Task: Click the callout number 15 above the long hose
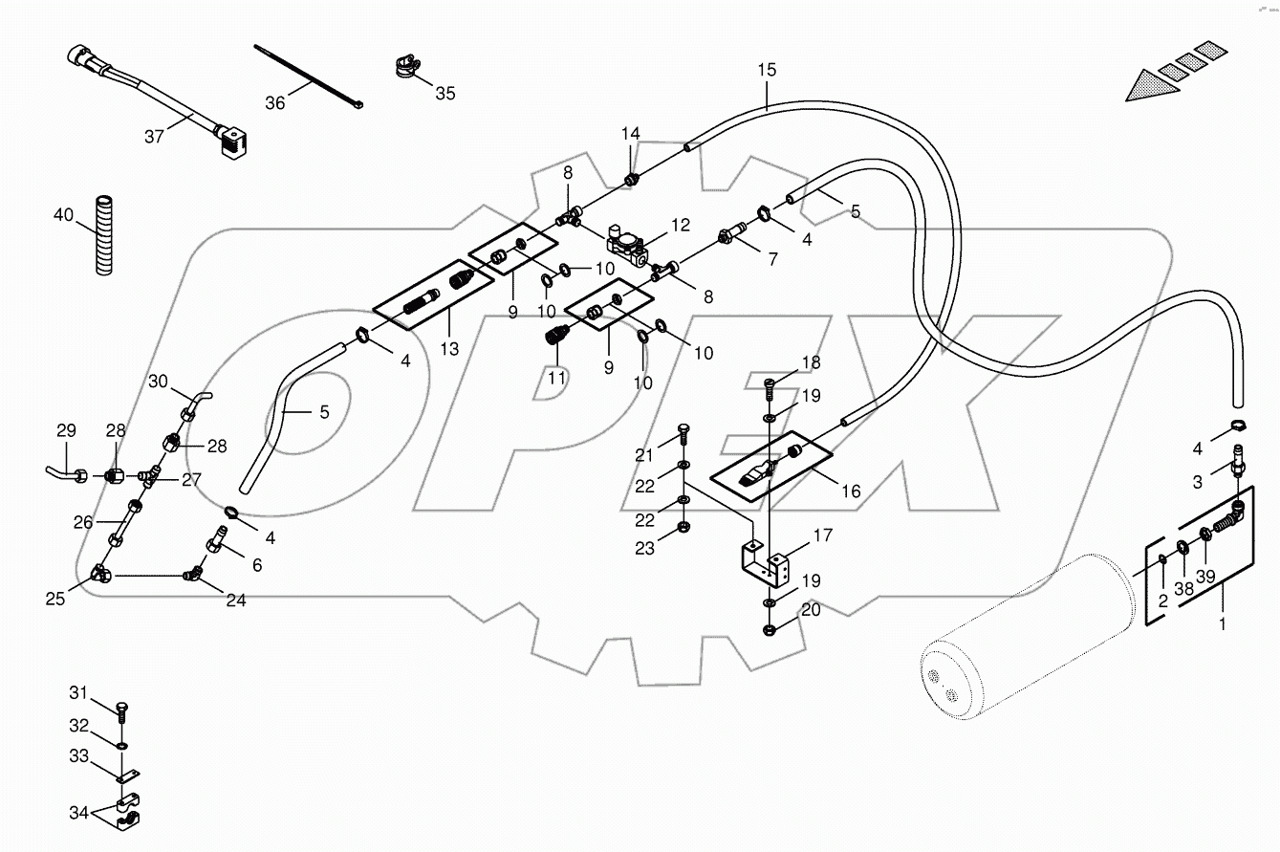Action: (x=767, y=70)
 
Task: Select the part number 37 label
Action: (x=155, y=136)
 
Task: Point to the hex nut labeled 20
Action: (x=770, y=630)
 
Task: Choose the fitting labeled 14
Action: (x=630, y=179)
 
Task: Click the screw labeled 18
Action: (x=770, y=387)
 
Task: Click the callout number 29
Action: (x=66, y=431)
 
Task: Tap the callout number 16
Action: (x=850, y=492)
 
